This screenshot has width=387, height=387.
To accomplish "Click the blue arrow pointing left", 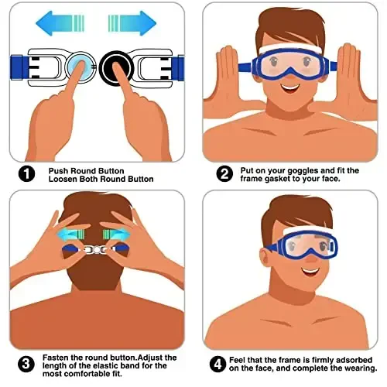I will tap(59, 22).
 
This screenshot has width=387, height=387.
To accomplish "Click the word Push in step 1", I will tap(60, 170).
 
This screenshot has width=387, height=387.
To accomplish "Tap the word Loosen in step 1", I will tap(64, 180).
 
